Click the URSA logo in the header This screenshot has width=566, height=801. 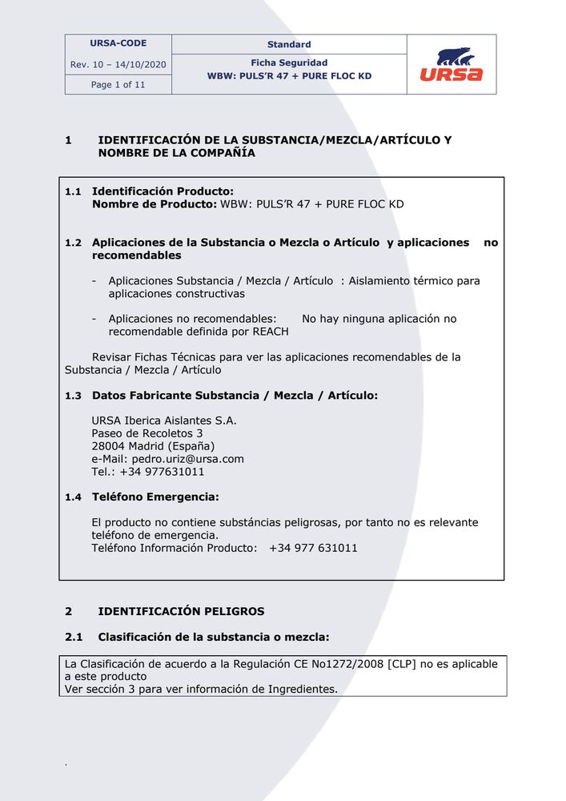click(x=451, y=65)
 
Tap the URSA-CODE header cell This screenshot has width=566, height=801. click(x=118, y=43)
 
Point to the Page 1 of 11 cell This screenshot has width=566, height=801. click(x=118, y=84)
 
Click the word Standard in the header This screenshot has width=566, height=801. click(x=289, y=44)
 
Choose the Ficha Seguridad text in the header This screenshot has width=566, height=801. click(x=289, y=62)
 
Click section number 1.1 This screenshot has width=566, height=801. click(x=73, y=191)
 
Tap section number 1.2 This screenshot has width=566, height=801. click(x=73, y=243)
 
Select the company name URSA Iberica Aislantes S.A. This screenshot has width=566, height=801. click(x=164, y=421)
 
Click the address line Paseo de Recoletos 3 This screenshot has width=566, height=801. click(x=147, y=433)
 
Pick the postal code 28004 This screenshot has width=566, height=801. click(x=108, y=446)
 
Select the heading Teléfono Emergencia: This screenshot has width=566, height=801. click(x=155, y=497)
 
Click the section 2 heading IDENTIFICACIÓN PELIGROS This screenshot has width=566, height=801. click(x=181, y=611)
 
